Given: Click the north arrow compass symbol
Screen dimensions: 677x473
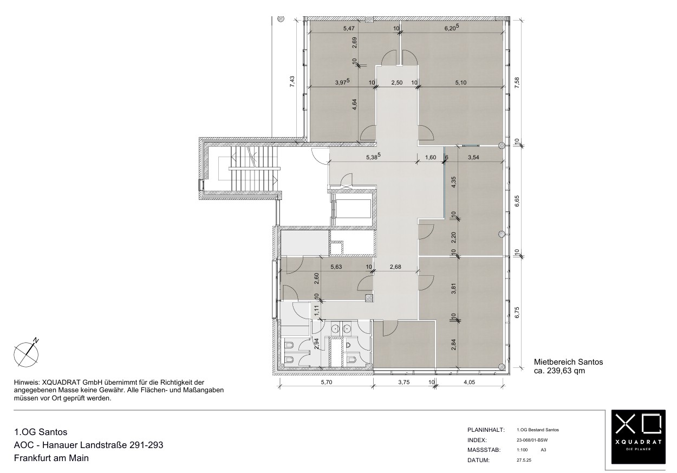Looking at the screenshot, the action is [27, 354].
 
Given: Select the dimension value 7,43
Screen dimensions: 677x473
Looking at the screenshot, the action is [292, 82].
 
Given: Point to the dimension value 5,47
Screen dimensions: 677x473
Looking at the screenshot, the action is [349, 28].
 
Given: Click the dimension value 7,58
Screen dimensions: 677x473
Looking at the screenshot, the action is [517, 83].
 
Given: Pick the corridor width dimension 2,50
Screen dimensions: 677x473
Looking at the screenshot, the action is [397, 82].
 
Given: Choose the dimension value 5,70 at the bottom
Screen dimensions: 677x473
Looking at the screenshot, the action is [327, 382].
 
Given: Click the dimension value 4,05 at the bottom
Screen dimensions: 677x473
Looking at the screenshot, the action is [470, 382].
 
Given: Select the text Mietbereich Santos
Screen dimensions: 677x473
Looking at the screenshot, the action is [569, 362].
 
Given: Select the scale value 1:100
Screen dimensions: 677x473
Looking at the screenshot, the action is [522, 450].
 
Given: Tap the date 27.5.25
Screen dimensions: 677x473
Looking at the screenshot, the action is [524, 460].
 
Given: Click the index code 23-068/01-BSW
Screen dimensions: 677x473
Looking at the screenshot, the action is [532, 440].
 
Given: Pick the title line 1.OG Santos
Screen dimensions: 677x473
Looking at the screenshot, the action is [41, 432].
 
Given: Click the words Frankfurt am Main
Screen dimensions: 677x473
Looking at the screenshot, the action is [51, 458].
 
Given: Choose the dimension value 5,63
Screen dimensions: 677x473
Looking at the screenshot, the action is [336, 267].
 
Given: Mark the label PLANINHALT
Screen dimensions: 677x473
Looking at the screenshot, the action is [486, 430].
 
